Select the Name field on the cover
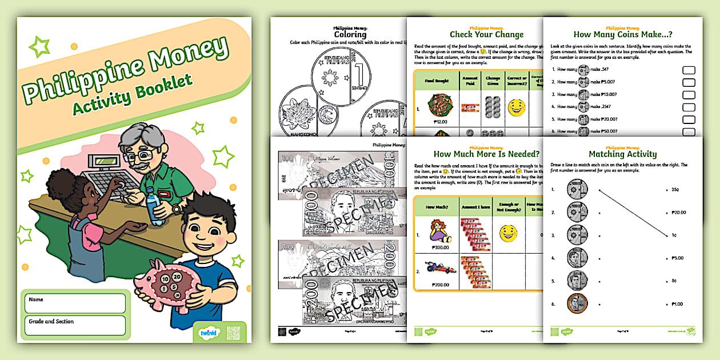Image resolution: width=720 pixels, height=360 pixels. point(75,303)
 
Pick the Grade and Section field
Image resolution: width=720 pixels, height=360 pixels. point(75,325)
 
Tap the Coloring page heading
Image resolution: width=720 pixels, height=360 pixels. point(350,34)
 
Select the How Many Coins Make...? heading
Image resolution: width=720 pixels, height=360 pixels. point(614,34)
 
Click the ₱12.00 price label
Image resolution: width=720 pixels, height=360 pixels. point(439,121)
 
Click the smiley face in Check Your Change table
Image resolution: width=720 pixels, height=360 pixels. point(516,107)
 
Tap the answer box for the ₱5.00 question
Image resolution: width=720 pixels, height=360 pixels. point(689,82)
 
